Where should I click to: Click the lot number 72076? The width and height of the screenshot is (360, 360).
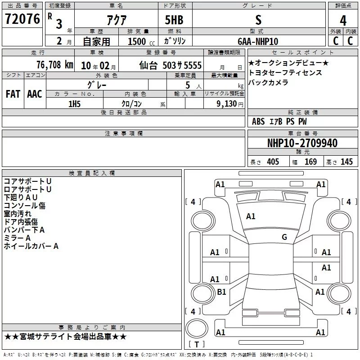coord(22,19)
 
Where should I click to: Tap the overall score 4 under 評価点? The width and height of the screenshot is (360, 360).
coord(343,21)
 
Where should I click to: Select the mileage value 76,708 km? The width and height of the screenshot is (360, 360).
coord(54,65)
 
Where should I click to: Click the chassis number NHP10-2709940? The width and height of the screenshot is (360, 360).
coord(302,143)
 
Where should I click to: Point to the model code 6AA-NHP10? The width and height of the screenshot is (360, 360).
coord(258,41)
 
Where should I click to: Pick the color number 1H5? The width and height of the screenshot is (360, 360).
coord(74,104)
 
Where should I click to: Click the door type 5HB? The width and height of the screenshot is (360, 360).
coord(174,20)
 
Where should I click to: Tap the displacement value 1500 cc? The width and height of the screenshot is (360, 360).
coord(141,41)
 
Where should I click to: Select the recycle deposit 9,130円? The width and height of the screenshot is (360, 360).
coord(230,104)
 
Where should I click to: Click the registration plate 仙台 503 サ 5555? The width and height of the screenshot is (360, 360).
coord(171,65)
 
